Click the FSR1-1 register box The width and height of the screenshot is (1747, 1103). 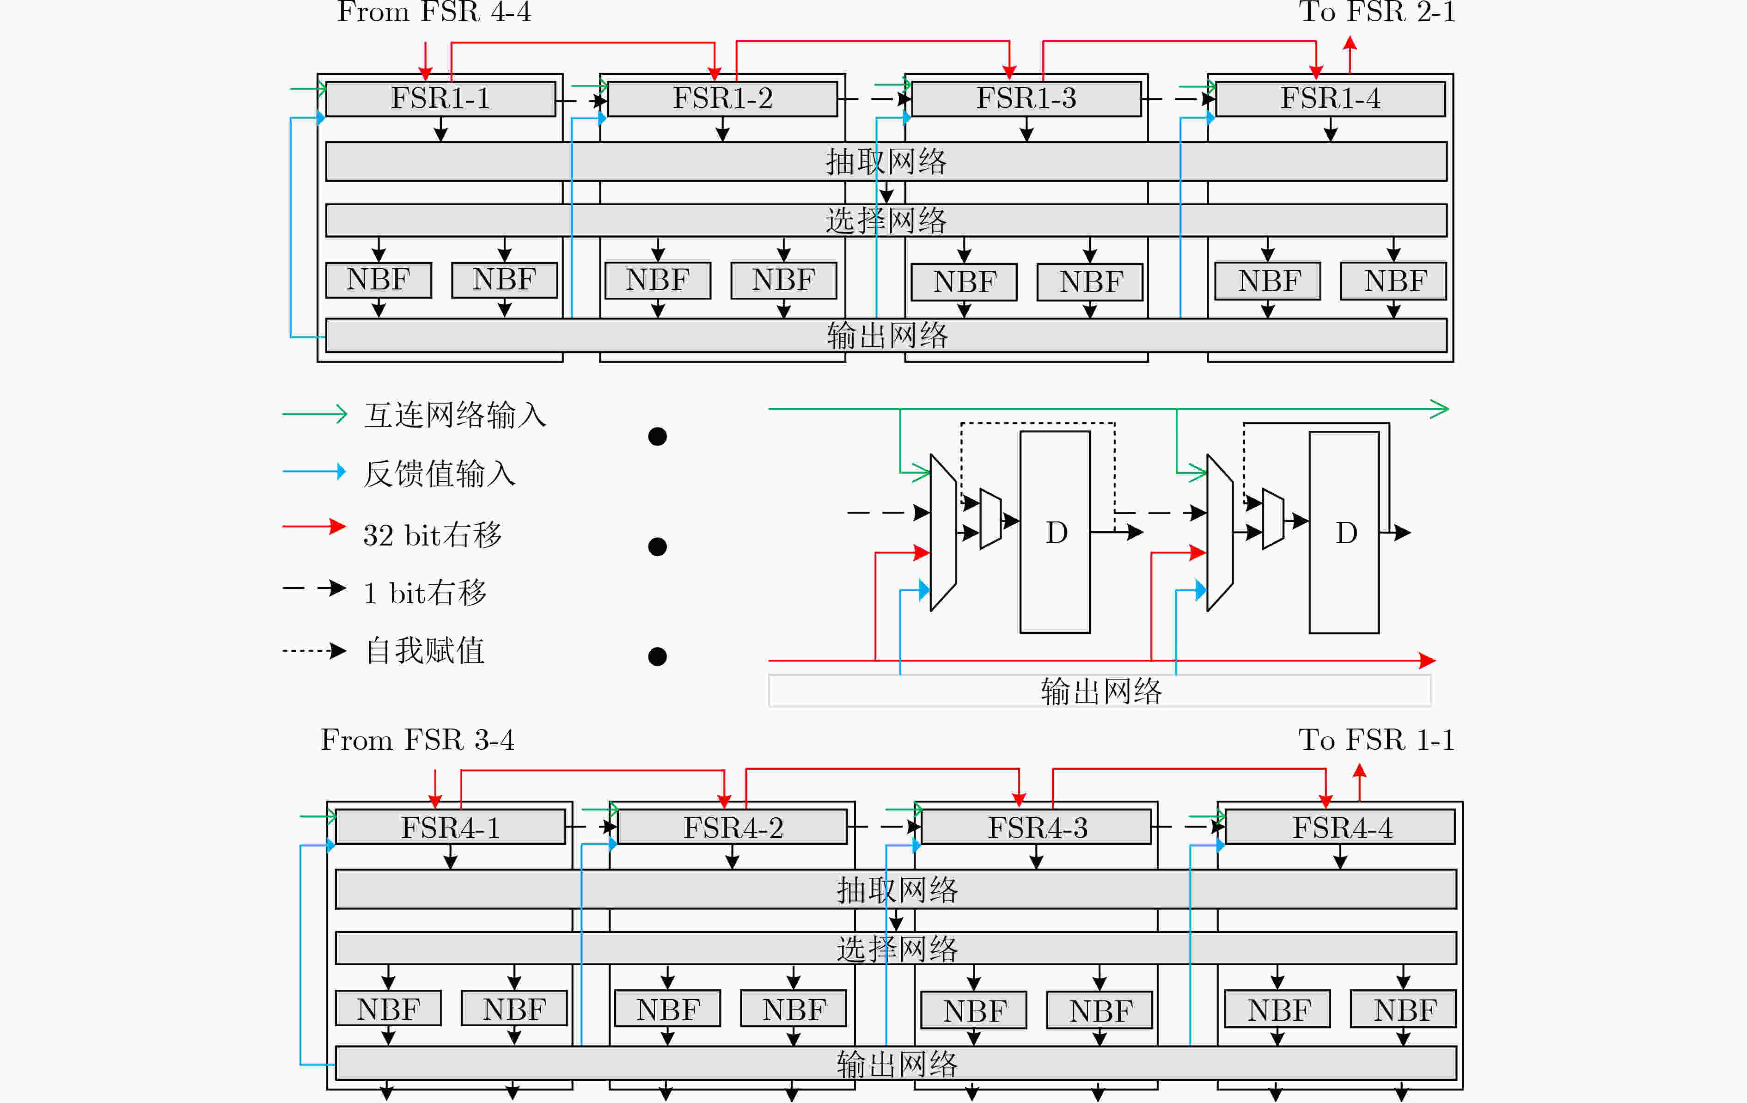[x=440, y=98]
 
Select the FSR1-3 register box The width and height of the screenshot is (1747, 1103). [x=1026, y=98]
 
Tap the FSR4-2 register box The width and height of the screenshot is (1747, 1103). [x=733, y=827]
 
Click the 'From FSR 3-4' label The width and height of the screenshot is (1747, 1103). [x=418, y=740]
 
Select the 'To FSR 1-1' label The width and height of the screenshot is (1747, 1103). [x=1376, y=740]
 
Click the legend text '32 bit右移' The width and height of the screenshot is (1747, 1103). [x=433, y=535]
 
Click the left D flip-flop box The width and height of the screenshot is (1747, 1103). [x=1055, y=532]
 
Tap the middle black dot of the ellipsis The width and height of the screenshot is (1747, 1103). [x=657, y=546]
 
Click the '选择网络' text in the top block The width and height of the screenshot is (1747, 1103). [x=886, y=221]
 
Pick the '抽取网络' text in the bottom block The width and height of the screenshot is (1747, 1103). [x=898, y=889]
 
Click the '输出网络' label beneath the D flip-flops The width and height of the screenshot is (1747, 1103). [x=1101, y=691]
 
